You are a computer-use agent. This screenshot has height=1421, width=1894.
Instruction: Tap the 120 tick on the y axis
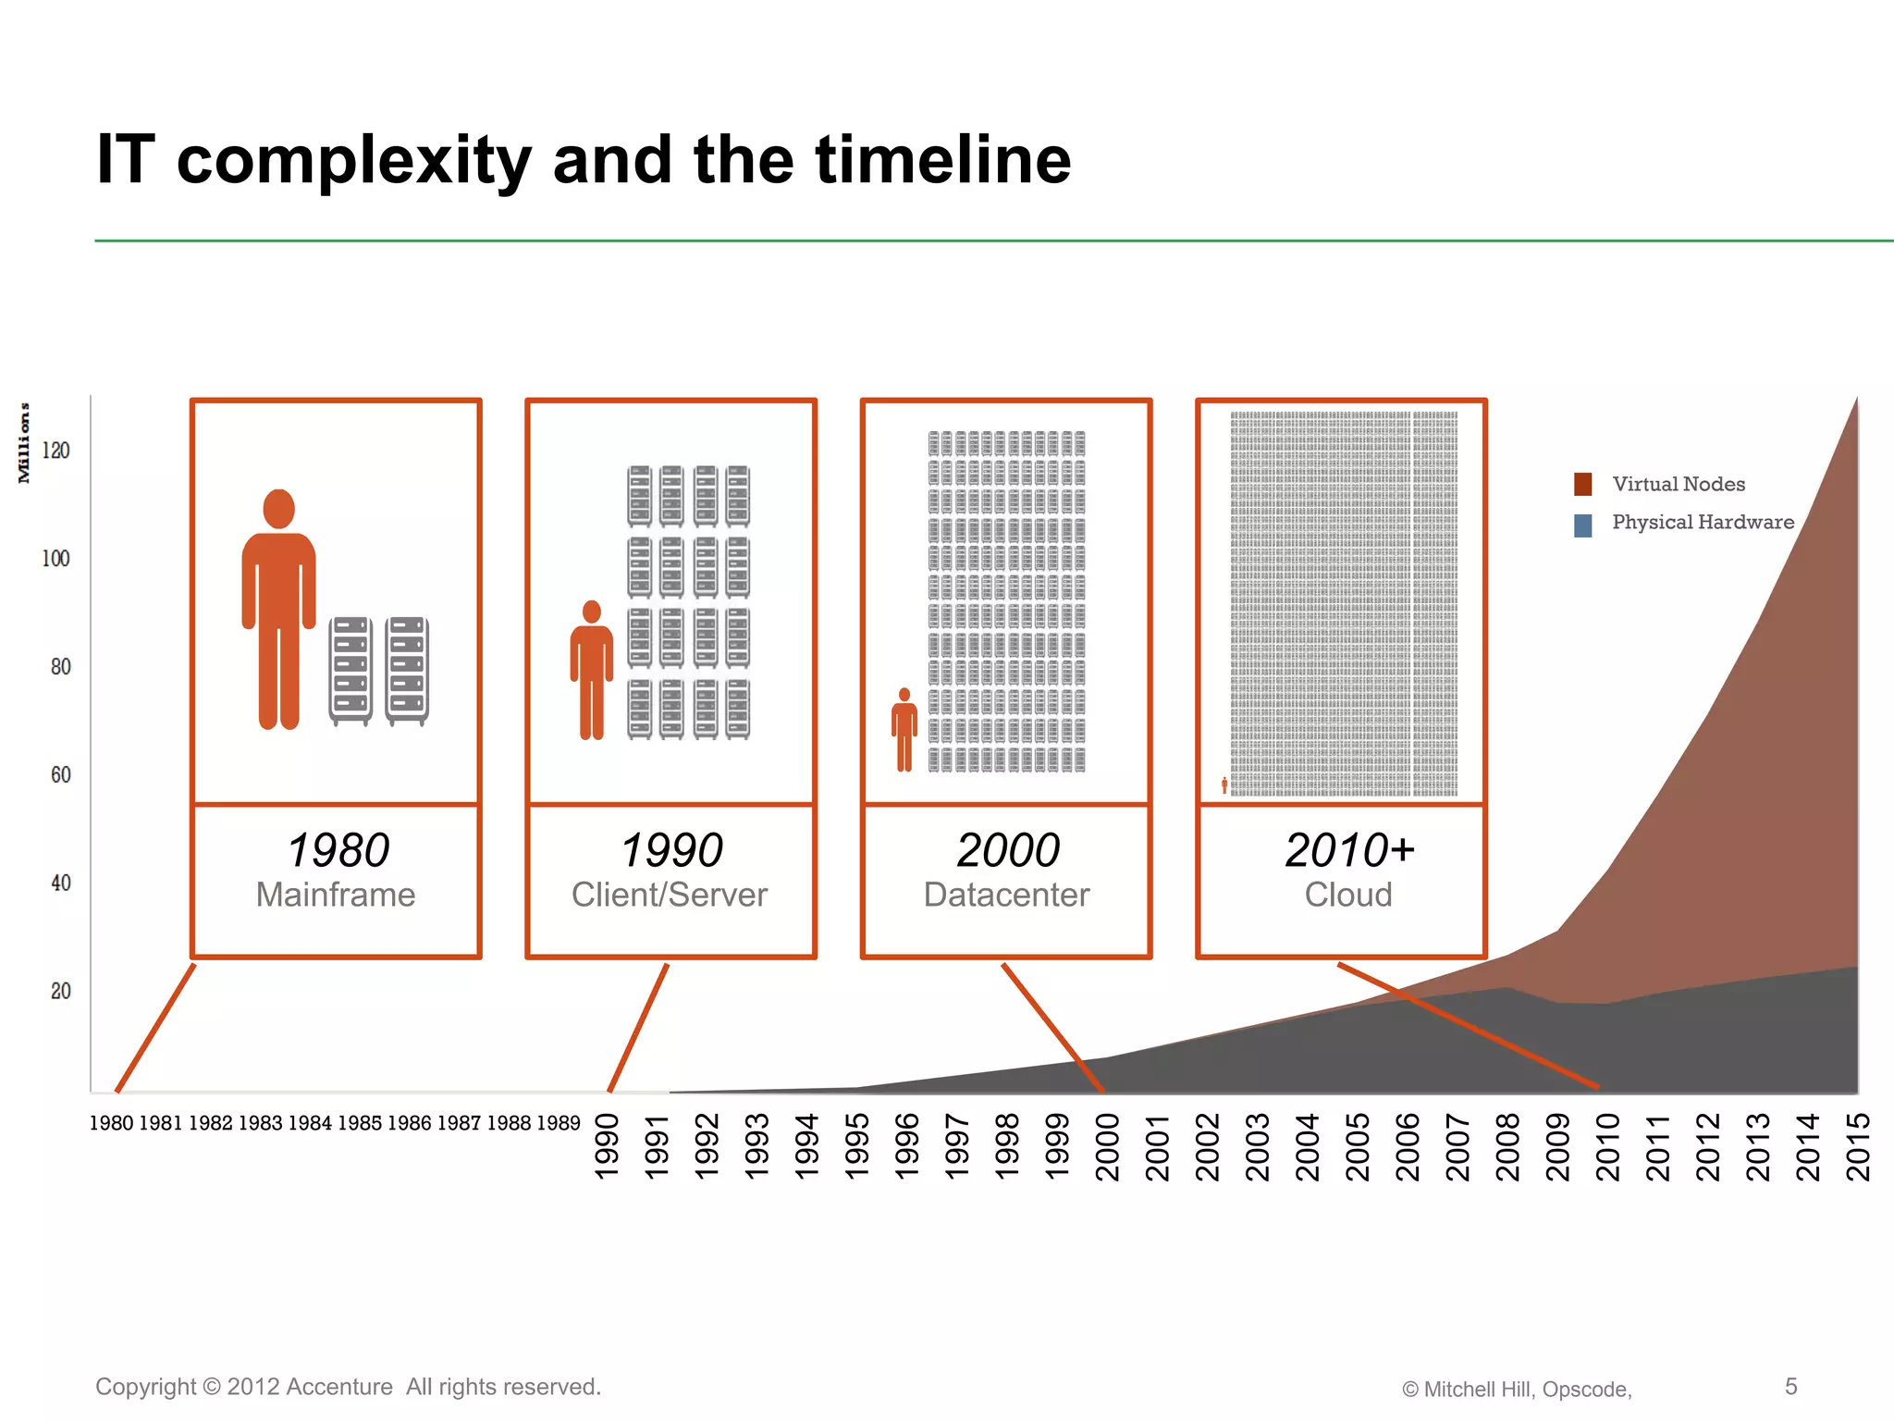tap(55, 451)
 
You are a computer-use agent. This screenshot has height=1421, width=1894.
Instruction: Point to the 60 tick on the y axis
tap(60, 775)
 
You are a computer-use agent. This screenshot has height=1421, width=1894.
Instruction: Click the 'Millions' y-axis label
tap(24, 443)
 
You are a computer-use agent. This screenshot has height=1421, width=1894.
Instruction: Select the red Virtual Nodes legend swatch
tap(1583, 485)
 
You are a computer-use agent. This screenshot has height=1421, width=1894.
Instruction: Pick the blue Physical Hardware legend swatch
tap(1583, 525)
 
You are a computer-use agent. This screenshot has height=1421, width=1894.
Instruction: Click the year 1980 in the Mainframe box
tap(338, 850)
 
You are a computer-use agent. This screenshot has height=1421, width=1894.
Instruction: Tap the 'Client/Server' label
tap(670, 896)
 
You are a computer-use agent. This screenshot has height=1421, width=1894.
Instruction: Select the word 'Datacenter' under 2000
tap(1006, 896)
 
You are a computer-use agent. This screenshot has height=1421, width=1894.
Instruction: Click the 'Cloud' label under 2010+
tap(1348, 896)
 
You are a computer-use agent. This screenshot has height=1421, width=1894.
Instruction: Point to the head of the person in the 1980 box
tap(278, 509)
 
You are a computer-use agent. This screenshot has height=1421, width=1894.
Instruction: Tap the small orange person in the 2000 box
tap(904, 730)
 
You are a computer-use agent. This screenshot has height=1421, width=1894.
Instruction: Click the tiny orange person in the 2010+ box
tap(1224, 785)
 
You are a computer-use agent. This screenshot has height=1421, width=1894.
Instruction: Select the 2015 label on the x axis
tap(1858, 1147)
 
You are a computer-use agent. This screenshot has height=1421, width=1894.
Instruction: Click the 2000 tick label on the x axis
tap(1107, 1147)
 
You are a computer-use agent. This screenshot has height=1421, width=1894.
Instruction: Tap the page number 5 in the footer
tap(1790, 1386)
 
